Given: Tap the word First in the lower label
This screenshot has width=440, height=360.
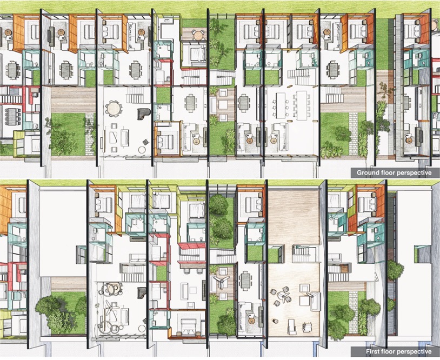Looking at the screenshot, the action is pyautogui.click(x=371, y=351).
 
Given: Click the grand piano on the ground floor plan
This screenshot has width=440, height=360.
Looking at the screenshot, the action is pyautogui.click(x=144, y=114).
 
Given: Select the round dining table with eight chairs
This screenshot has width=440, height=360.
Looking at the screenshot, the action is pyautogui.click(x=114, y=108).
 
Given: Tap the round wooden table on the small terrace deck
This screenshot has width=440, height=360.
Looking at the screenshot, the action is pyautogui.click(x=198, y=35).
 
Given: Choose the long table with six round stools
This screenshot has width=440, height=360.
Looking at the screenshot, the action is pyautogui.click(x=281, y=105).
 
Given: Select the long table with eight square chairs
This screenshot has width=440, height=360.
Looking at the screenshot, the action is pyautogui.click(x=301, y=105).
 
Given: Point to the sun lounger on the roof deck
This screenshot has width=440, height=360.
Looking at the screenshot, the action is pyautogui.click(x=292, y=327).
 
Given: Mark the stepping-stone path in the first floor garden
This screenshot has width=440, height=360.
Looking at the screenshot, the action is pyautogui.click(x=354, y=305).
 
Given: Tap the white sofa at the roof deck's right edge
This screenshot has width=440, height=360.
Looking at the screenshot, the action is pyautogui.click(x=316, y=302).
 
